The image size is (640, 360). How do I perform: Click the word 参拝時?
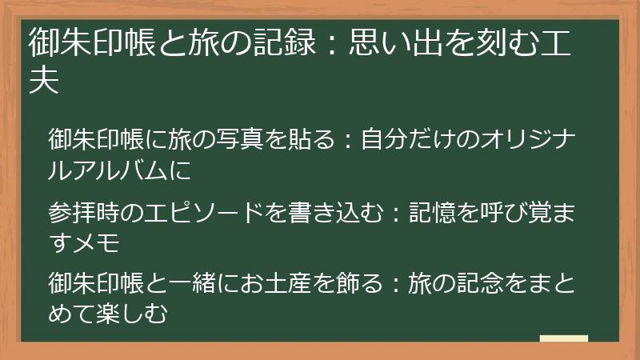tap(83, 214)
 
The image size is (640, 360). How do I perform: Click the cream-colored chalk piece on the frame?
tap(564, 338)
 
